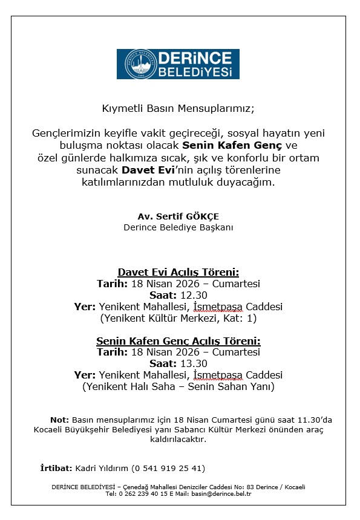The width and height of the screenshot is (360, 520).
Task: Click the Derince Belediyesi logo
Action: (178, 64)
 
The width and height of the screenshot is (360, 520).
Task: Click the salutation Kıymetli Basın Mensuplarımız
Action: (178, 109)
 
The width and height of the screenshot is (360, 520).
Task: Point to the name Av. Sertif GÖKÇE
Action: (178, 216)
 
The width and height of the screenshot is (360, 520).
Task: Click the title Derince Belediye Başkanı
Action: (178, 227)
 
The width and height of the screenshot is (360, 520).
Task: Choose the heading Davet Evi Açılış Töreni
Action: (178, 272)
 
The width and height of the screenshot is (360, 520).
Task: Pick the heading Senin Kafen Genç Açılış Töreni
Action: (178, 341)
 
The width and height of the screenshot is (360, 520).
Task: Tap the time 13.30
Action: (194, 364)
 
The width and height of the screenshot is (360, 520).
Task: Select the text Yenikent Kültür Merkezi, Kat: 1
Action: (178, 318)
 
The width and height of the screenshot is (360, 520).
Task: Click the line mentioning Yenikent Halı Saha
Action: (178, 387)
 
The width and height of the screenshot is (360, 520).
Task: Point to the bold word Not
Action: (59, 420)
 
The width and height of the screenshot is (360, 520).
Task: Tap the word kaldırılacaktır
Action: (178, 440)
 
